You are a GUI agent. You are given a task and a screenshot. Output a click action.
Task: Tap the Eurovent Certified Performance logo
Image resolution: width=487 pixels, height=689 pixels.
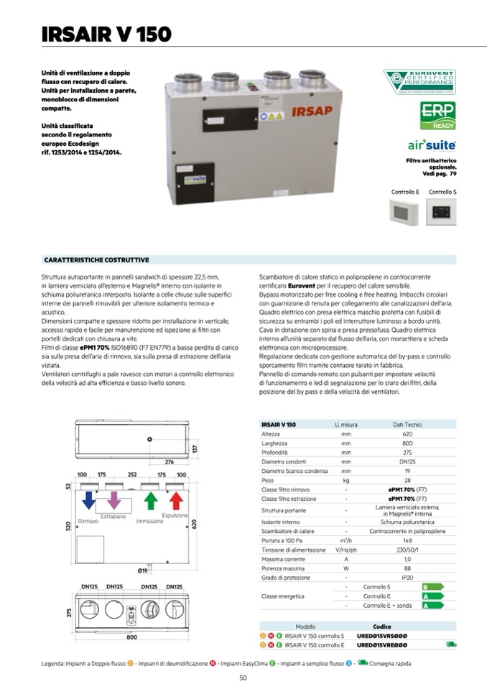(x=419, y=83)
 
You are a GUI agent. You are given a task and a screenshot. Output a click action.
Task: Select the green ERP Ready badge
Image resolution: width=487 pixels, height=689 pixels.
(x=437, y=116)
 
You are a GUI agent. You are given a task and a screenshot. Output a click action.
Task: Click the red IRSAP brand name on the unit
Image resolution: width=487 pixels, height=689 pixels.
(x=310, y=111)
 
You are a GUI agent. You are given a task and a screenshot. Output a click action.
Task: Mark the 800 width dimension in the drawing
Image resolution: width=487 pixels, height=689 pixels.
(x=131, y=637)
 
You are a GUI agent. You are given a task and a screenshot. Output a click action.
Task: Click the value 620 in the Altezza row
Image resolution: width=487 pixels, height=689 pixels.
(x=407, y=434)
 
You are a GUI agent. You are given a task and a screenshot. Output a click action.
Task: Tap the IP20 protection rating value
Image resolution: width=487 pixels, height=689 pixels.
(x=407, y=577)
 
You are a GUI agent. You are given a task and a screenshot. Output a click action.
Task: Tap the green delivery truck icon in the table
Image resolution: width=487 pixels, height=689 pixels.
(x=450, y=644)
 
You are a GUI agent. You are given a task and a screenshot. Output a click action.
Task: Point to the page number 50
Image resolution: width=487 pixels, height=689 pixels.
(x=243, y=678)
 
